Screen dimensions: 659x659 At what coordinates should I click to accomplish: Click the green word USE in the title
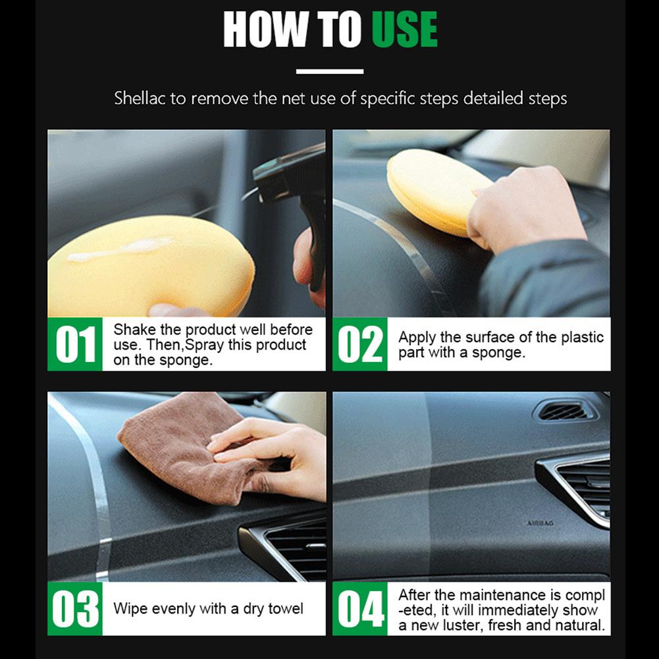(x=404, y=30)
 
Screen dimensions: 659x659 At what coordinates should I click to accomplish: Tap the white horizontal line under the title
(x=329, y=71)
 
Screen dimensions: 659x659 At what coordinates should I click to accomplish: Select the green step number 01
(x=75, y=344)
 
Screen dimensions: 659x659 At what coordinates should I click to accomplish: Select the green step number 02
(x=359, y=344)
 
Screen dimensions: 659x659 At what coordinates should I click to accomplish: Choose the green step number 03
(x=75, y=608)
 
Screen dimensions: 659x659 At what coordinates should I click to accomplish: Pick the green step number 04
(x=359, y=608)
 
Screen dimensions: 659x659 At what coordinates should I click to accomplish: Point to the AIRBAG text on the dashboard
(x=540, y=523)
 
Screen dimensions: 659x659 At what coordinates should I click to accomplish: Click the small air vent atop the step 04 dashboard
(x=564, y=411)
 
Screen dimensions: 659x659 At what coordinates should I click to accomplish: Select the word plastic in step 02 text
(x=582, y=337)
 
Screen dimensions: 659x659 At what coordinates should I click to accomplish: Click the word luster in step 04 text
(x=461, y=624)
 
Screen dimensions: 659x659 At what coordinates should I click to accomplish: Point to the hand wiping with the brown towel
(x=277, y=454)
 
